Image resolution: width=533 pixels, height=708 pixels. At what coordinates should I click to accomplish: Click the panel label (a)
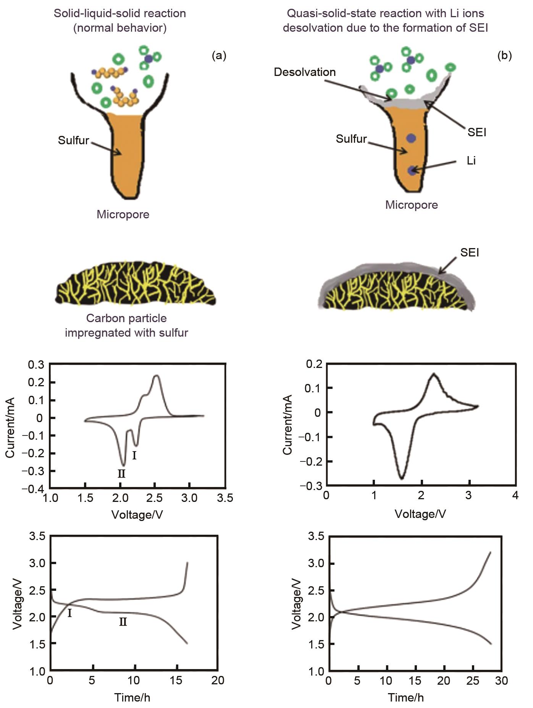(x=219, y=56)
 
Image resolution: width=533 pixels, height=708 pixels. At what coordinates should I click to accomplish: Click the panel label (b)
(x=504, y=56)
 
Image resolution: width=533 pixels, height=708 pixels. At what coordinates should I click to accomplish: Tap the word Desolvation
(x=305, y=72)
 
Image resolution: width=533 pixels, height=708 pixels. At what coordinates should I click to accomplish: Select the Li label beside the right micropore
(x=471, y=160)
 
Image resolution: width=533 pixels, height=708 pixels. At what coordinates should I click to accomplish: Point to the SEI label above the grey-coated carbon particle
(x=470, y=253)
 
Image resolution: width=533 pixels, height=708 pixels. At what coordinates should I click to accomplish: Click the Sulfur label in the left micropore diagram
(x=73, y=140)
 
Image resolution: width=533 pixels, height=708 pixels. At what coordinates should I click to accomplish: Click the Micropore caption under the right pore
(x=412, y=205)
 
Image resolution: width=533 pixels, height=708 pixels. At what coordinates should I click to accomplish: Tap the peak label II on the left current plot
(x=121, y=474)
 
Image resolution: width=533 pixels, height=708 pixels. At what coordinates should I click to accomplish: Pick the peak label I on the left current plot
(x=134, y=455)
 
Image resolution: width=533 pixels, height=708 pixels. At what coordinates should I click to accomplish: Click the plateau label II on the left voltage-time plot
(x=123, y=622)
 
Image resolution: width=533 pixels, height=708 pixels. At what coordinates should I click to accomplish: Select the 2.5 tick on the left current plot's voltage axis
(x=155, y=498)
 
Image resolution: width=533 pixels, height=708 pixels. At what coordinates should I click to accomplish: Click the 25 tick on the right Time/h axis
(x=473, y=681)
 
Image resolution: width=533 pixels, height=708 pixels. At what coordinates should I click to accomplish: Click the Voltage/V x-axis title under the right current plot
(x=420, y=514)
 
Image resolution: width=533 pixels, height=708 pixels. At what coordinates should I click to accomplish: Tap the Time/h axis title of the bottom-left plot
(x=132, y=698)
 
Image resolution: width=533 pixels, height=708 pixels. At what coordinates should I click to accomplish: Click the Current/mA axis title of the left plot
(x=10, y=427)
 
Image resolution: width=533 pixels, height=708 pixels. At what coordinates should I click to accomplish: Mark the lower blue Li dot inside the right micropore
(x=412, y=171)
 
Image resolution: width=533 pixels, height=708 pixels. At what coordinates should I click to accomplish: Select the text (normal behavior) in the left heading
(x=120, y=28)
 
